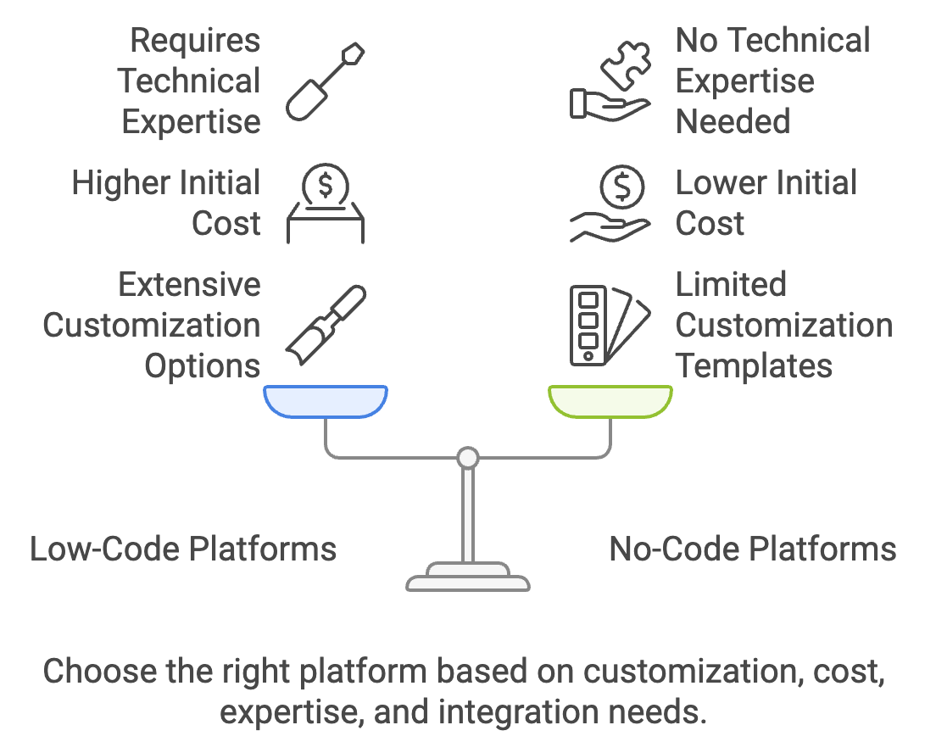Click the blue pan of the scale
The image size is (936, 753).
click(x=326, y=400)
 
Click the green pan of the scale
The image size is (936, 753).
click(x=610, y=400)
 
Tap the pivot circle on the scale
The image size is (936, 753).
click(x=467, y=459)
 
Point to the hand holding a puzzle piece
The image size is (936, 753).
click(x=610, y=81)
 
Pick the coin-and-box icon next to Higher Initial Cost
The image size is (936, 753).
click(x=325, y=204)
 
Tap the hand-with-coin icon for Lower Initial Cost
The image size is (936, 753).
click(x=610, y=204)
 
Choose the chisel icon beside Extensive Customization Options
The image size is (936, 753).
click(x=325, y=326)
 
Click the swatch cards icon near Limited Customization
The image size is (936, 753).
click(x=610, y=326)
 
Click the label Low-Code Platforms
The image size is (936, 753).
click(x=183, y=549)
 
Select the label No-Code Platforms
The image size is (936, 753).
click(x=752, y=549)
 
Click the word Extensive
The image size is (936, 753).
click(x=189, y=285)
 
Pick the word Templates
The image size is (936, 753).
click(x=754, y=366)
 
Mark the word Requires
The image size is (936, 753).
click(x=196, y=41)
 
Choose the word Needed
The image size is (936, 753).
click(x=733, y=122)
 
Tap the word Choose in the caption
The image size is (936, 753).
click(x=99, y=672)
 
